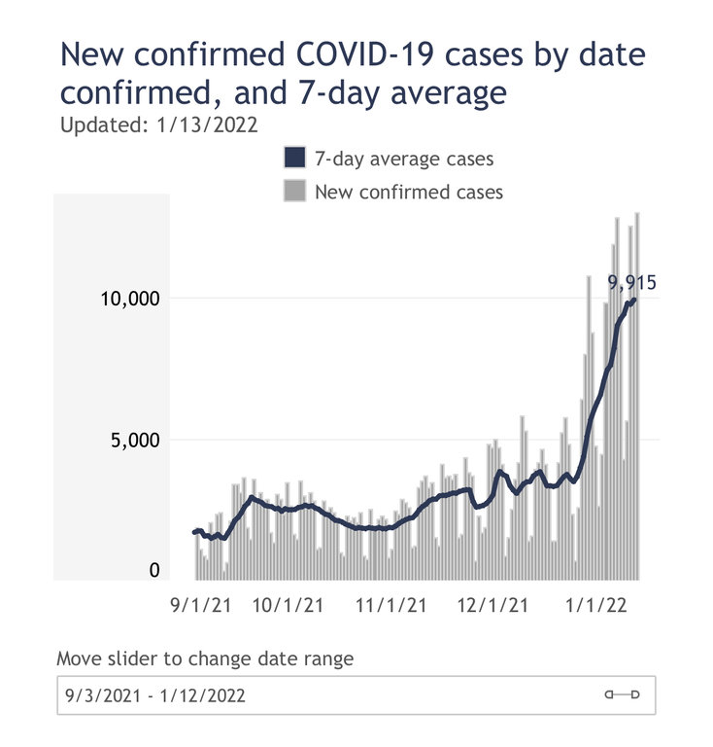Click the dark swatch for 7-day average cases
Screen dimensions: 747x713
coord(294,159)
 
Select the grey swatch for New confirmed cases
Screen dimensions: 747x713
coord(294,191)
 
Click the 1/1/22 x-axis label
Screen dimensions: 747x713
coord(595,606)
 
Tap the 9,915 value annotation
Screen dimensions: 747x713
coord(632,283)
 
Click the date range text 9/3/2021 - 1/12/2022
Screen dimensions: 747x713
coord(155,695)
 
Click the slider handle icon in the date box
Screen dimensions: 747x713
coord(623,694)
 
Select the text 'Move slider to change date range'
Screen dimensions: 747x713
coord(205,658)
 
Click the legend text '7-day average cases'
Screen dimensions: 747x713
coord(403,159)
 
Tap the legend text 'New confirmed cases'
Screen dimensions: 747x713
coord(409,192)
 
